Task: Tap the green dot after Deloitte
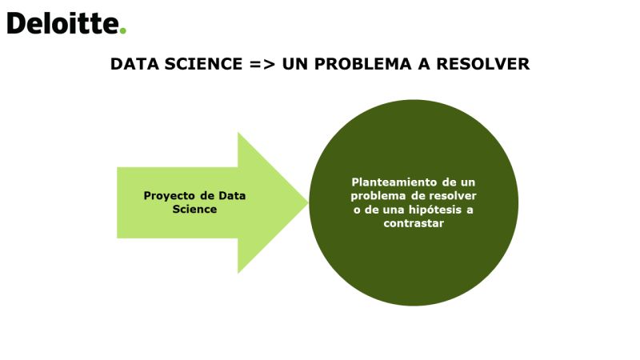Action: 123,30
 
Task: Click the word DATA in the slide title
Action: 134,64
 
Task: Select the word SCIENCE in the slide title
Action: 203,64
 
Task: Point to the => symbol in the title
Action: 262,65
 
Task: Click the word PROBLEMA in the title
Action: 362,64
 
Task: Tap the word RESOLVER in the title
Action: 483,64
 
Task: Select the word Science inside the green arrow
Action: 194,210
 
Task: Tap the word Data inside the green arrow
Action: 232,196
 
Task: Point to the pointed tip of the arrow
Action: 307,202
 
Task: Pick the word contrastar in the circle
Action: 414,223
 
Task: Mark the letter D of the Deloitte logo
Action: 16,23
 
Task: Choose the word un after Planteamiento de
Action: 468,182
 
